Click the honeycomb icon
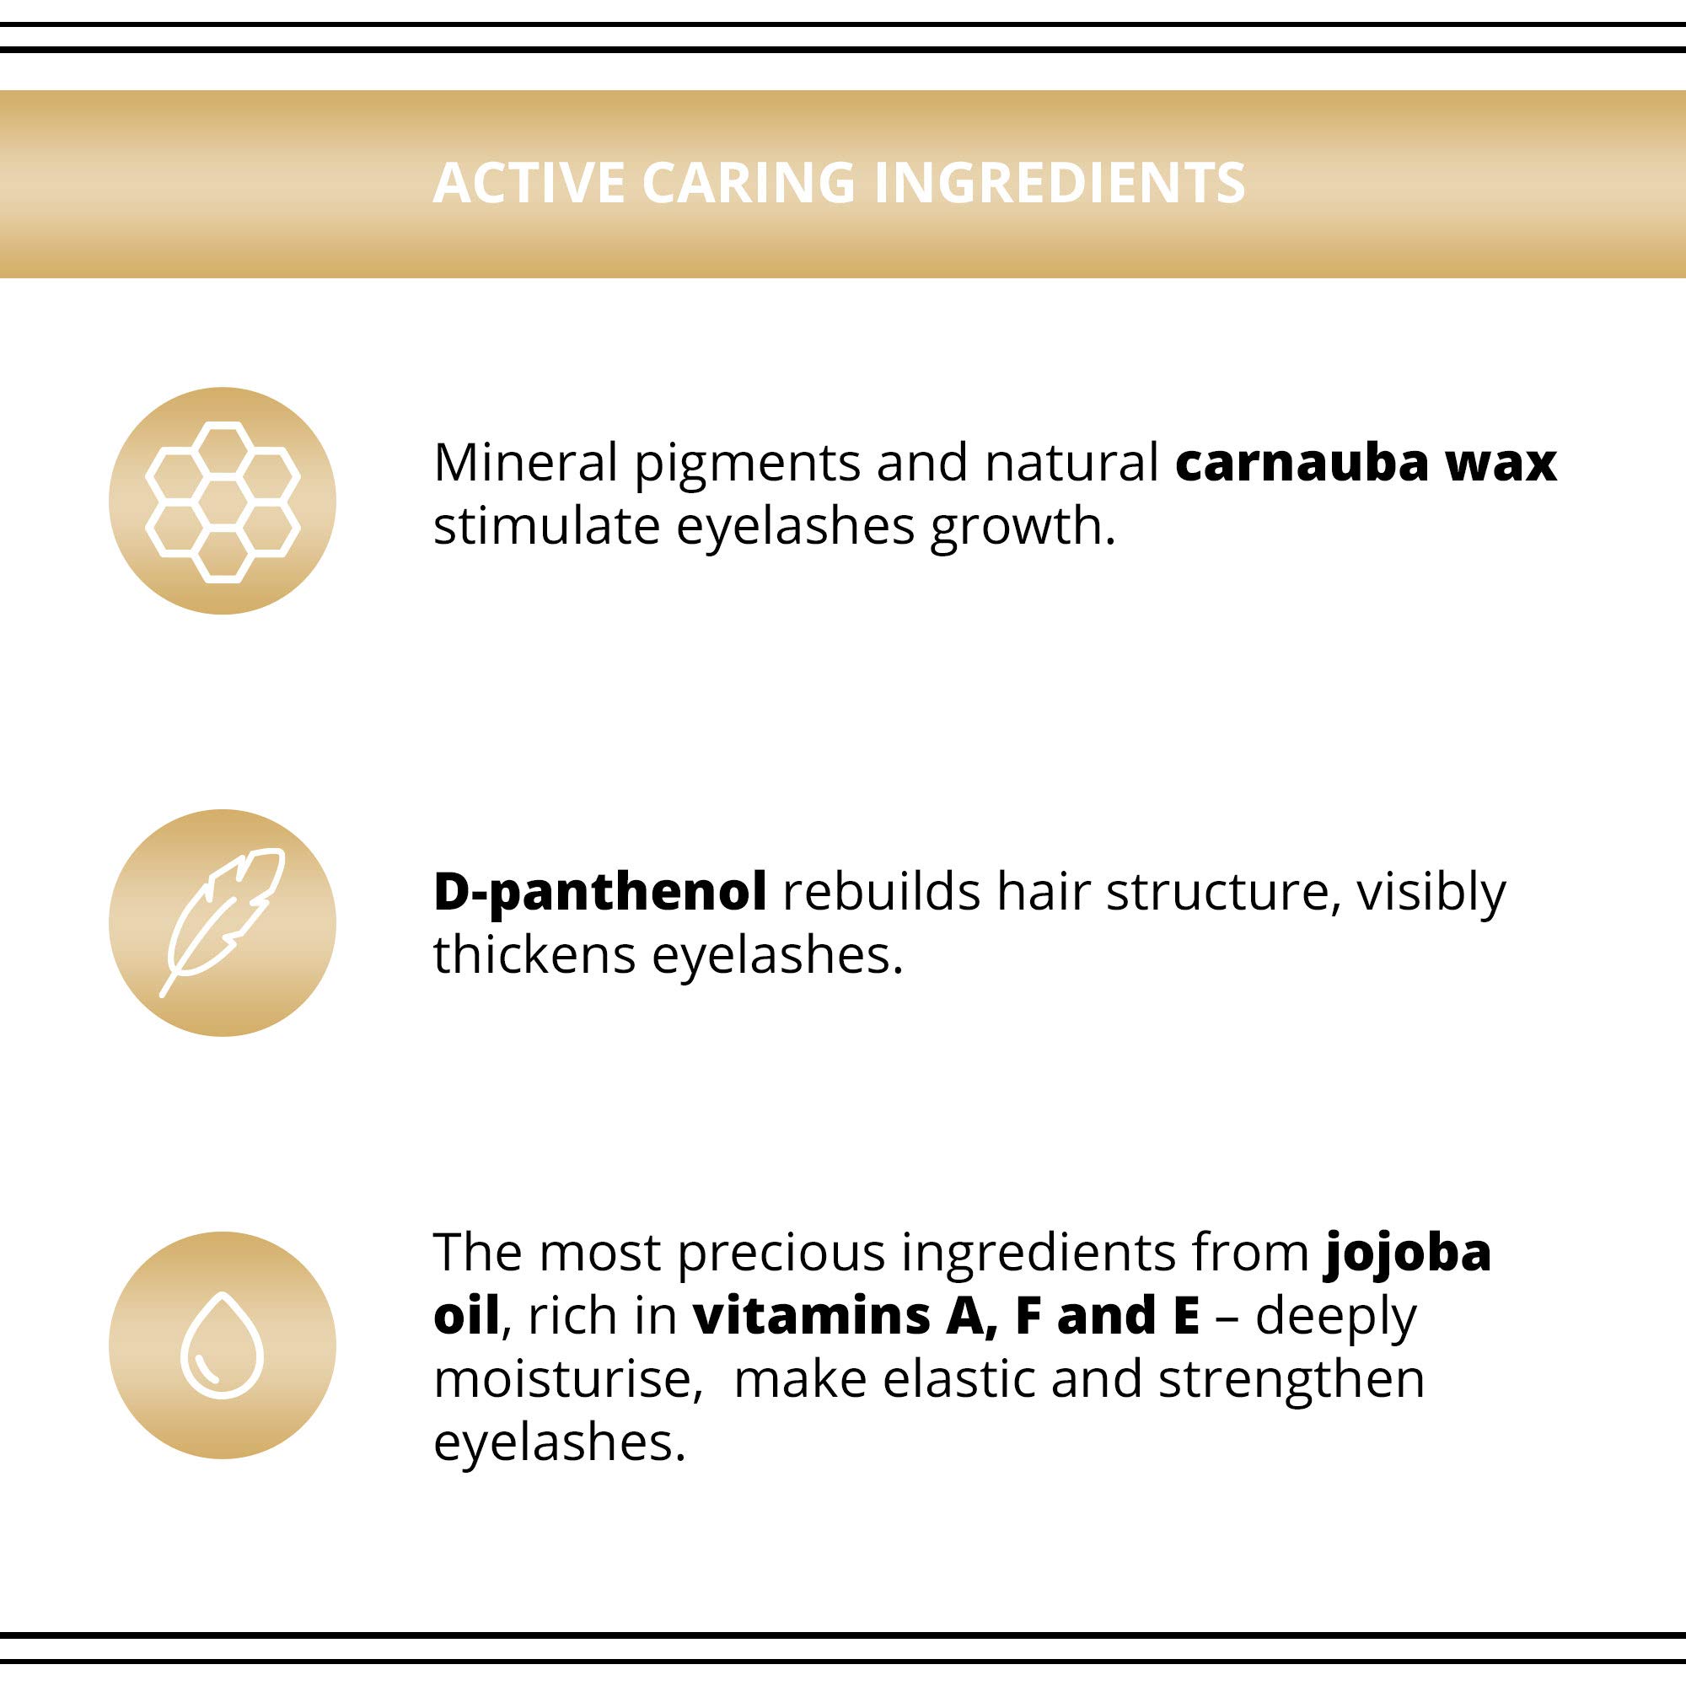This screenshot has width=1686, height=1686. point(223,502)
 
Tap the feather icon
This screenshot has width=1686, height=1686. point(223,922)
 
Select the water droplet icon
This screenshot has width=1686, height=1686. point(222,1345)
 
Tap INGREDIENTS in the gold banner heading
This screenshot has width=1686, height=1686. point(1059,183)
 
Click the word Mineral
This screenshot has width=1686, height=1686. point(525,462)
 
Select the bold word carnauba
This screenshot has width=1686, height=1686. point(1302,462)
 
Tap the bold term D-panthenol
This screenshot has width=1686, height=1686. point(600,893)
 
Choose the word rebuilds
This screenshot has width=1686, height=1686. point(882,891)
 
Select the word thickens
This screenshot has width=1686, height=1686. point(535,955)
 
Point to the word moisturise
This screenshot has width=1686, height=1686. point(568,1379)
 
